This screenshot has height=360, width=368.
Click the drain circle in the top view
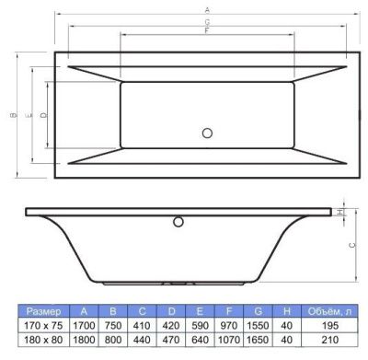coord(207,134)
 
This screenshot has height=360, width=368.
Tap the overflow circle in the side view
coord(178,222)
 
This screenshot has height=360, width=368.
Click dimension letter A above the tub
coord(207,10)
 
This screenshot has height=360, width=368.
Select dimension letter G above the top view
coord(207,22)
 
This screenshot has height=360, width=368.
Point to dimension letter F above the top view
coord(207,30)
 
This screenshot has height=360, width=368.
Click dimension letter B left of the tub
coord(13,115)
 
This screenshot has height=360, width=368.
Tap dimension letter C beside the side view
coord(352,245)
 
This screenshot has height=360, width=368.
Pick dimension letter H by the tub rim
coord(339,212)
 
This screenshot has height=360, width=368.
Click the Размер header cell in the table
coord(43,311)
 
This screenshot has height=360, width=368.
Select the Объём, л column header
coord(329,311)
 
